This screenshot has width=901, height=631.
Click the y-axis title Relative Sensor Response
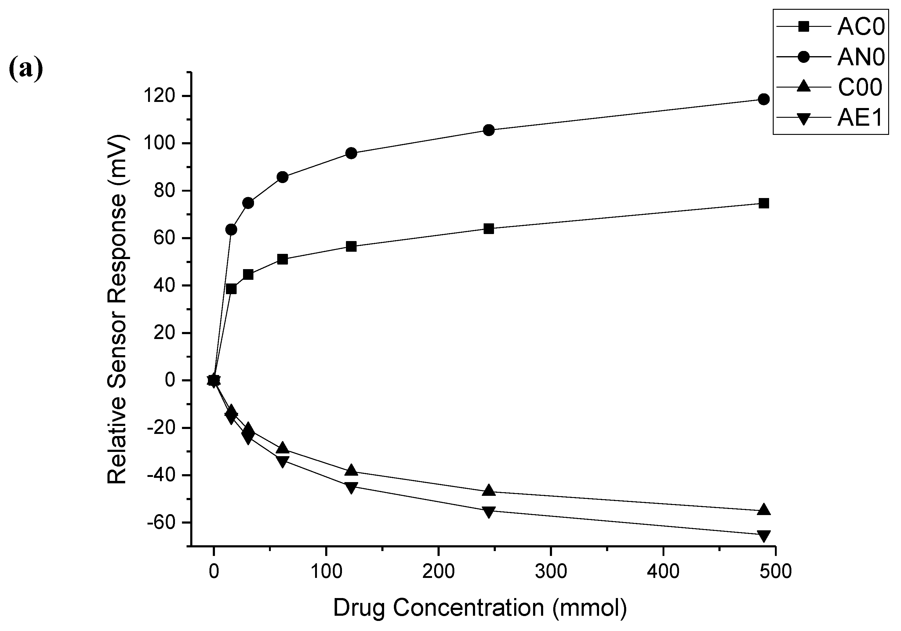click(117, 309)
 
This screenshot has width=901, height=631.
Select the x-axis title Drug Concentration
click(480, 608)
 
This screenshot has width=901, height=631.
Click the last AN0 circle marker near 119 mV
click(764, 99)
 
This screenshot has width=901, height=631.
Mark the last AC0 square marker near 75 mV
click(764, 203)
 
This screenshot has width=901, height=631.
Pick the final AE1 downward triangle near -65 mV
click(764, 535)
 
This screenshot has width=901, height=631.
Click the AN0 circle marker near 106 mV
click(489, 130)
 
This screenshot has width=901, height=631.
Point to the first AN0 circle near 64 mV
click(231, 229)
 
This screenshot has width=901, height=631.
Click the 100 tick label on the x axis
click(326, 572)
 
